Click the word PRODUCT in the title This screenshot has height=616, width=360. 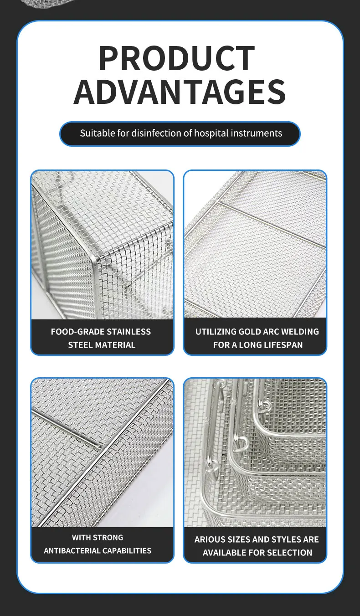176,58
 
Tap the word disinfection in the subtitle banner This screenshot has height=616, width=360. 157,133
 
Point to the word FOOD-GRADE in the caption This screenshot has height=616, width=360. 76,332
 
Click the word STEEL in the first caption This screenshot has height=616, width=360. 80,345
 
